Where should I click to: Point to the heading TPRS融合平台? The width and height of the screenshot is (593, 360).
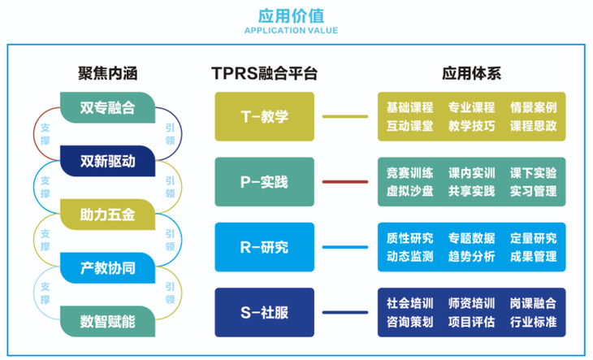point(264,73)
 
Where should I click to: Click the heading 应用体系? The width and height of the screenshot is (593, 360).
point(470,73)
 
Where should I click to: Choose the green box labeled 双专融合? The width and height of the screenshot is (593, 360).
point(108,107)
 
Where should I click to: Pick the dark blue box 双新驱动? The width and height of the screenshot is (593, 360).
point(108,159)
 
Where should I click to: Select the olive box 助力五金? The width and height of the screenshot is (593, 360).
point(108,215)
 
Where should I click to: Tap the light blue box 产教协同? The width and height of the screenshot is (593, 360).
point(108,268)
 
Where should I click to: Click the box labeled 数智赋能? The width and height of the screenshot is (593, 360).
point(108,320)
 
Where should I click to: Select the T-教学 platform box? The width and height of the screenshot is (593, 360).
point(264,117)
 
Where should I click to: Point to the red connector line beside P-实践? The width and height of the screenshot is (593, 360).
point(344,181)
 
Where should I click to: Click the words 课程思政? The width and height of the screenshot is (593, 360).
point(533,126)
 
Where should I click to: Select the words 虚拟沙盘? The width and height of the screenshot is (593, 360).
point(410,191)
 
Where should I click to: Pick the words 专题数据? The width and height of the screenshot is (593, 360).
point(471,238)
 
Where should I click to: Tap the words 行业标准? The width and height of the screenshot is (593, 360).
point(533,321)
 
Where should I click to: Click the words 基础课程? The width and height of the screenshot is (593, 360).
point(410,107)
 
